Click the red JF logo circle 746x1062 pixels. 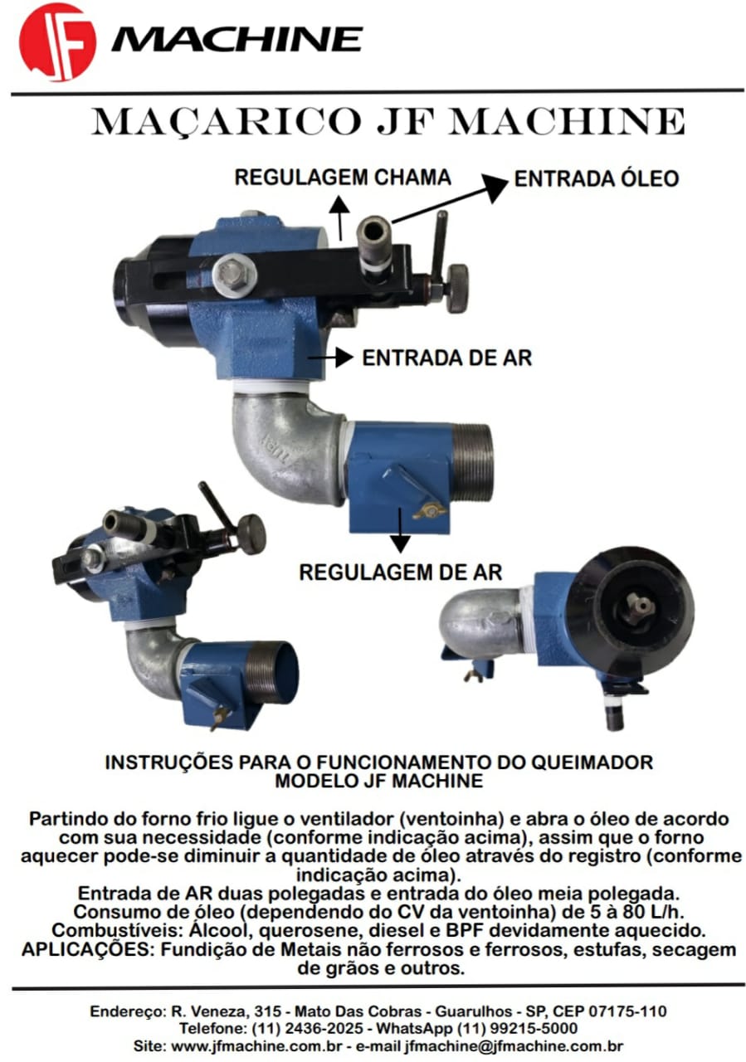tap(57, 41)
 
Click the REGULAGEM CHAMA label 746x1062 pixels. tap(343, 178)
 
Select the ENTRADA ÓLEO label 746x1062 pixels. tap(596, 178)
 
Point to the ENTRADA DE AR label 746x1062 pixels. tap(446, 358)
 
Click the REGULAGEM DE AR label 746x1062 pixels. tap(400, 572)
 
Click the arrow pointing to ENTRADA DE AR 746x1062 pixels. tap(330, 357)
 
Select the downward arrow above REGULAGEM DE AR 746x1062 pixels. tap(400, 530)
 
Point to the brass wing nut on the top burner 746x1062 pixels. tap(431, 512)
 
